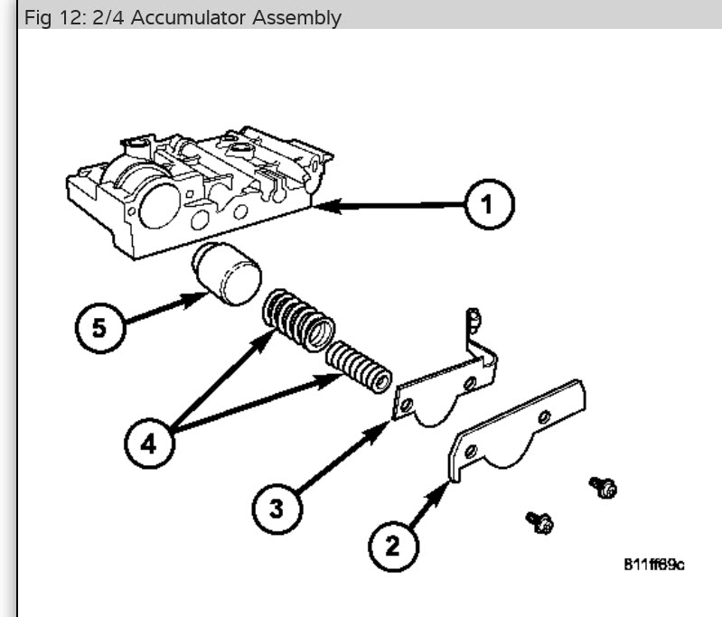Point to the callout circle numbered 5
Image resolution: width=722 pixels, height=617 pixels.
point(98,326)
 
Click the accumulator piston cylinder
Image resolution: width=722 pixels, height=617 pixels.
point(226,275)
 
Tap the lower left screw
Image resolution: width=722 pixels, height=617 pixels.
point(540,520)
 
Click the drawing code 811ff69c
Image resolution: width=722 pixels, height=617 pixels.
point(653,565)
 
